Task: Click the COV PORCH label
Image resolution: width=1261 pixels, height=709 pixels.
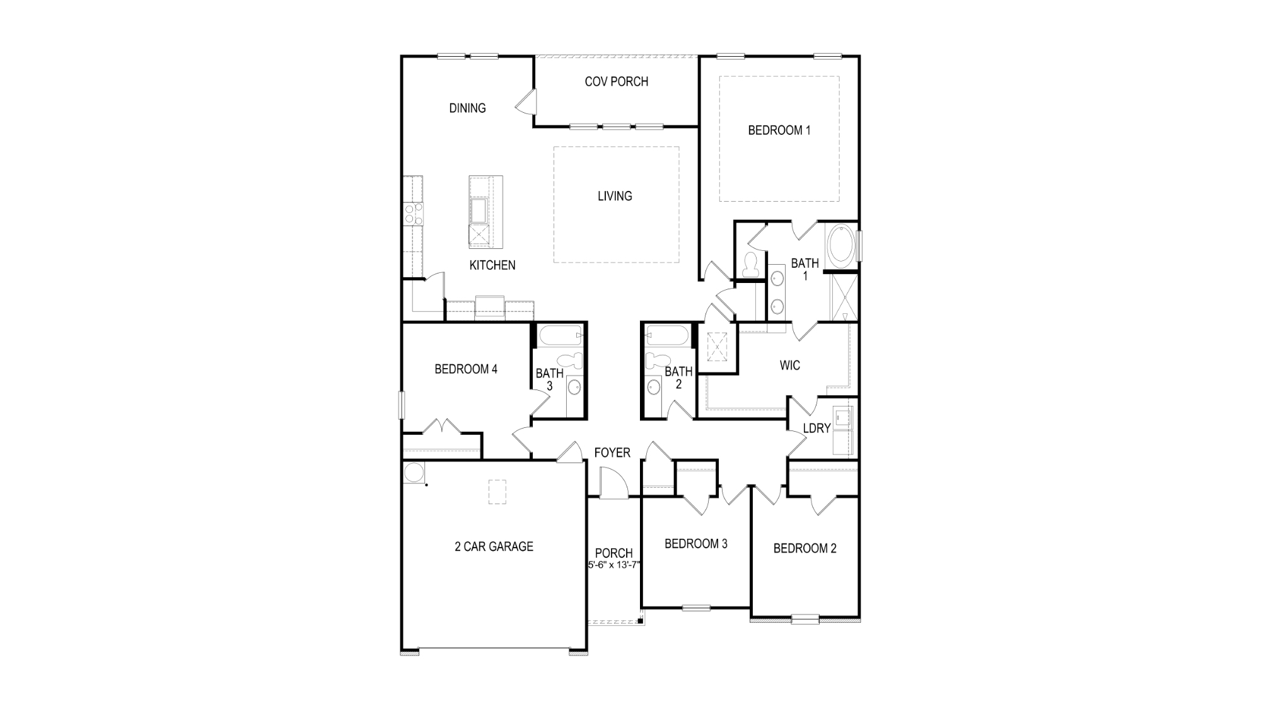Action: point(616,81)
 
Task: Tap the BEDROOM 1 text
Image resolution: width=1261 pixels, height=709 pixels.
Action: point(779,130)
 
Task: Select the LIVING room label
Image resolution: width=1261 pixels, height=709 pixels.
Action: point(615,196)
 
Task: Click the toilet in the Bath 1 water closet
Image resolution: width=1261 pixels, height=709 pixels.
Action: point(750,264)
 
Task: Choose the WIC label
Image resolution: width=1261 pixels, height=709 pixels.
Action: point(789,366)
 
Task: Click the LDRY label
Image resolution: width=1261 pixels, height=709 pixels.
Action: point(816,429)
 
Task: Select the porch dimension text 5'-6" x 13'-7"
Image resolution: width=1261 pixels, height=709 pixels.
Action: point(614,565)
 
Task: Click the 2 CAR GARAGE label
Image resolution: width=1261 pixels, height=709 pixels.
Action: point(494,547)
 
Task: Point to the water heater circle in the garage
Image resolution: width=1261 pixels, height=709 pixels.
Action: point(413,473)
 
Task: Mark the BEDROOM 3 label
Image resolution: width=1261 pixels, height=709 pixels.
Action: point(695,544)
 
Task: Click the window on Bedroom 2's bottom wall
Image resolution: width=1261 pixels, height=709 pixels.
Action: point(805,619)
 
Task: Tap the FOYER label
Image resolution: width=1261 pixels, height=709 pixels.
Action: point(612,453)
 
